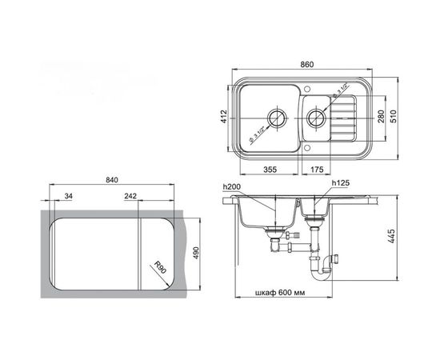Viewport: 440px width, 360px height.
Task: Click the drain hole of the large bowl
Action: [277, 118]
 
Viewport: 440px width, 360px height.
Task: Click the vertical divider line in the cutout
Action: [142, 252]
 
